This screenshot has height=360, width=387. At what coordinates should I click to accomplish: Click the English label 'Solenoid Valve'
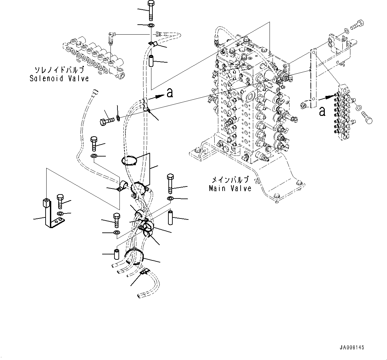click(59, 79)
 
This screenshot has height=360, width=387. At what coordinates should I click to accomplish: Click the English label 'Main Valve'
click(230, 188)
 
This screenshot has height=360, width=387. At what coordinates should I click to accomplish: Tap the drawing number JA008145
click(352, 348)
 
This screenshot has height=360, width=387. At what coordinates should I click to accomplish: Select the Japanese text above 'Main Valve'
click(230, 180)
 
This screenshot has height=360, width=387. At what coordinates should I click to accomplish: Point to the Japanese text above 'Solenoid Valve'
click(59, 71)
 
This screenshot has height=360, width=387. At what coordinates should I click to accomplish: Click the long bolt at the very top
click(150, 10)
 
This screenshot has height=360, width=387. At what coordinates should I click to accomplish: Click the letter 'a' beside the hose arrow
click(170, 94)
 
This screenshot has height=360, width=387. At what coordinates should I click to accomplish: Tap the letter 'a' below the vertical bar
click(322, 111)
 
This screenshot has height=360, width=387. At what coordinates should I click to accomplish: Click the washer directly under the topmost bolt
click(150, 26)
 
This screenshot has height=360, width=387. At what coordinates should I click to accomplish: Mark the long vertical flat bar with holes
click(312, 79)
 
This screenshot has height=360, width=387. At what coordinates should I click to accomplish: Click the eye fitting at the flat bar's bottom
click(303, 106)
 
